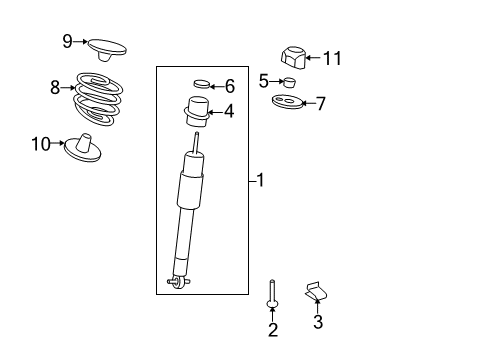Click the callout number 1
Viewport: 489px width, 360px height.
(260, 181)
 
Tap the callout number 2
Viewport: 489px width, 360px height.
(272, 329)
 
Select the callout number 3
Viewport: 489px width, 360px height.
(318, 322)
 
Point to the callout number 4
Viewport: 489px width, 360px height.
(229, 111)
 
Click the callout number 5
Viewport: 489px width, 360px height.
(264, 80)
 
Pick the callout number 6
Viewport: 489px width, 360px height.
(229, 86)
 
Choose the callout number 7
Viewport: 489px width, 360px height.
(320, 103)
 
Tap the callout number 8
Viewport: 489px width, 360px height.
(56, 87)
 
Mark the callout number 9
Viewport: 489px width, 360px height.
(67, 41)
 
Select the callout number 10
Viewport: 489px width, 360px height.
(41, 144)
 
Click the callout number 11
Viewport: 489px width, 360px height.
(332, 58)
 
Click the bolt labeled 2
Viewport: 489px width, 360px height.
(272, 294)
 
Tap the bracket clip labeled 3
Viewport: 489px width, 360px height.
(317, 291)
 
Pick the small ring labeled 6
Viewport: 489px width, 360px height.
(201, 84)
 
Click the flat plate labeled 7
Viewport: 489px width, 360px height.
(286, 101)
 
